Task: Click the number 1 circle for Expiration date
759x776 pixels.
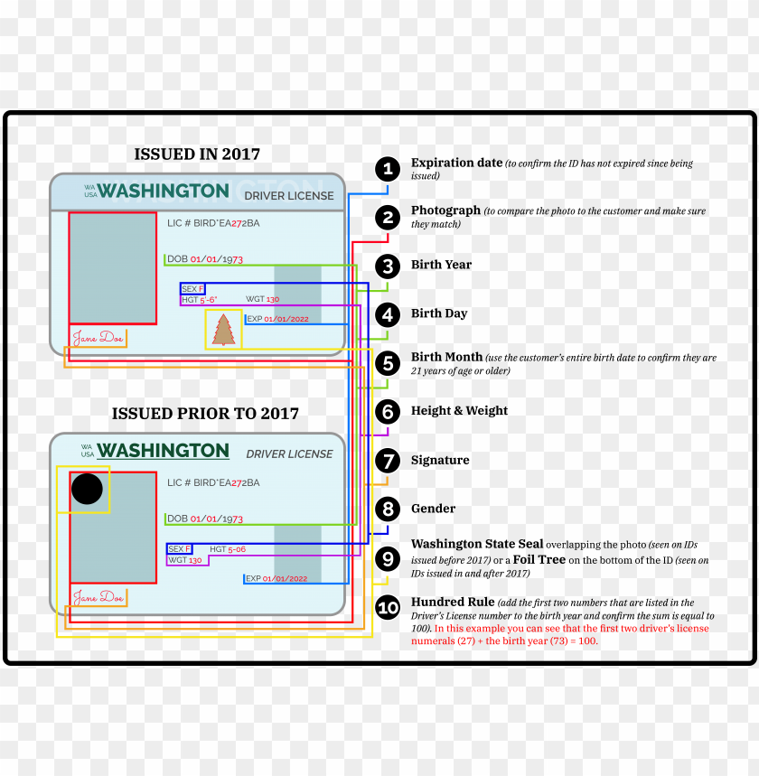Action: pyautogui.click(x=388, y=169)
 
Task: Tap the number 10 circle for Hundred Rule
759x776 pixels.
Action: pyautogui.click(x=388, y=608)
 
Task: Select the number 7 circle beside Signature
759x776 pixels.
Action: pyautogui.click(x=388, y=461)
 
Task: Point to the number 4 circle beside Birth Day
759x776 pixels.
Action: pyautogui.click(x=388, y=314)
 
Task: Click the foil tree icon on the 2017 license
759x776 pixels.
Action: pyautogui.click(x=223, y=330)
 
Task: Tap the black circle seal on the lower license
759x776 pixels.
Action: pyautogui.click(x=87, y=489)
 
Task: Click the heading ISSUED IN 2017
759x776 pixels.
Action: pyautogui.click(x=197, y=154)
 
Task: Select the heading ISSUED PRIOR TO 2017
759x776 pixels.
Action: pyautogui.click(x=205, y=414)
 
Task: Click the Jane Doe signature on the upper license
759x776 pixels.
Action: pyautogui.click(x=98, y=338)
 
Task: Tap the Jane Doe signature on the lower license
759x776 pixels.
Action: pyautogui.click(x=98, y=597)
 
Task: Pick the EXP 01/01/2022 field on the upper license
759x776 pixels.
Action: pyautogui.click(x=277, y=319)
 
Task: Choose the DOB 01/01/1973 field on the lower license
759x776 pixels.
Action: pyautogui.click(x=205, y=519)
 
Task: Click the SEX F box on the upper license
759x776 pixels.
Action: pyautogui.click(x=192, y=289)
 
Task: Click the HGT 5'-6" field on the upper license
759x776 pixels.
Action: pyautogui.click(x=200, y=299)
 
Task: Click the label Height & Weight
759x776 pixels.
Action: pyautogui.click(x=459, y=411)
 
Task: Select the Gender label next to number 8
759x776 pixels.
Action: pyautogui.click(x=433, y=509)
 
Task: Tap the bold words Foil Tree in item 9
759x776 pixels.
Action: pyautogui.click(x=539, y=559)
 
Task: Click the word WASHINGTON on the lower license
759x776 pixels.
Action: pyautogui.click(x=163, y=450)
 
